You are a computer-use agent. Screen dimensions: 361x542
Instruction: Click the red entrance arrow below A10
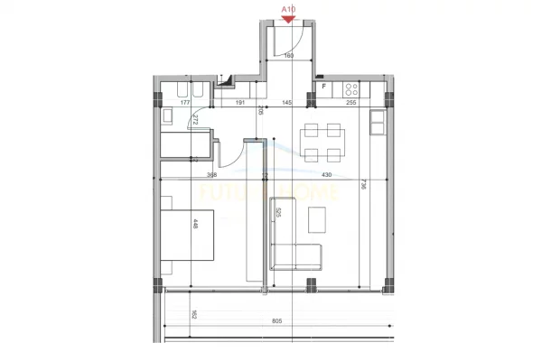[x=288, y=17]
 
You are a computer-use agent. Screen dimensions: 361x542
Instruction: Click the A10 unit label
[x=288, y=7]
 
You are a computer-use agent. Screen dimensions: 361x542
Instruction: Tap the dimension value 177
[x=185, y=103]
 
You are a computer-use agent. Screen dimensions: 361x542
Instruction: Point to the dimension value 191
[x=240, y=103]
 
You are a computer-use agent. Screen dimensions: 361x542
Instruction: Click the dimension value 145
[x=287, y=103]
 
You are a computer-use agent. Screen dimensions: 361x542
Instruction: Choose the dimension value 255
[x=351, y=103]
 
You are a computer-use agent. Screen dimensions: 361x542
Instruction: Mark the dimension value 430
[x=327, y=175]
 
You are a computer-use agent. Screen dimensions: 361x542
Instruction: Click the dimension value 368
[x=211, y=175]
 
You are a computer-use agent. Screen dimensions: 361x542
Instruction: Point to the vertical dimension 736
[x=362, y=186]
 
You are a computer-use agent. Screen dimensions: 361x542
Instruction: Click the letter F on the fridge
[x=323, y=87]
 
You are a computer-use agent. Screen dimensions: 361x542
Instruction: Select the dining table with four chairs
[x=322, y=140]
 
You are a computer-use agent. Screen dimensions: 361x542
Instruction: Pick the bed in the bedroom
[x=189, y=234]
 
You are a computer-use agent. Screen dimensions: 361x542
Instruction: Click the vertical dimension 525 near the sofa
[x=279, y=214]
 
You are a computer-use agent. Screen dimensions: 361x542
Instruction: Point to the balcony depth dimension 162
[x=193, y=315]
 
